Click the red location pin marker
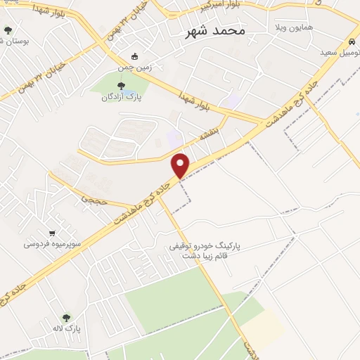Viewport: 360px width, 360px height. click(x=181, y=165)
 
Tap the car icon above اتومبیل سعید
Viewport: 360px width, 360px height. click(x=350, y=41)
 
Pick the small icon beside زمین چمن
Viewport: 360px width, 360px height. click(x=136, y=57)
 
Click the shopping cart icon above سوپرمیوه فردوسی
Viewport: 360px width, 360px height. click(x=52, y=233)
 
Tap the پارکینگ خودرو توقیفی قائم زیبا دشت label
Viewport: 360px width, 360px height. click(x=205, y=251)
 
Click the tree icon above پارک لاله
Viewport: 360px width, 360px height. click(x=67, y=318)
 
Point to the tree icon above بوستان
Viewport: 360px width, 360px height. click(x=8, y=30)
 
